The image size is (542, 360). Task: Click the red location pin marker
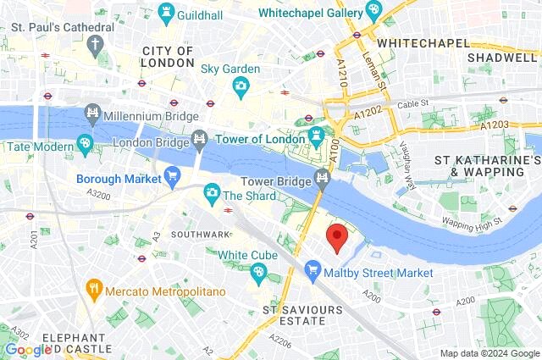[337, 238]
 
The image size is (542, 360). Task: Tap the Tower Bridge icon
[322, 177]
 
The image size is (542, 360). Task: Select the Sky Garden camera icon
[241, 85]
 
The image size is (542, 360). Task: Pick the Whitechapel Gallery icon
[373, 10]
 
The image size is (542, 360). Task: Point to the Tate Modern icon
[85, 145]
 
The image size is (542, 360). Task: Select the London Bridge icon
[200, 137]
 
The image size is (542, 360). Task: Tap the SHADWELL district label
[503, 58]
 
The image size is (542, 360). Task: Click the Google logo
[27, 349]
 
